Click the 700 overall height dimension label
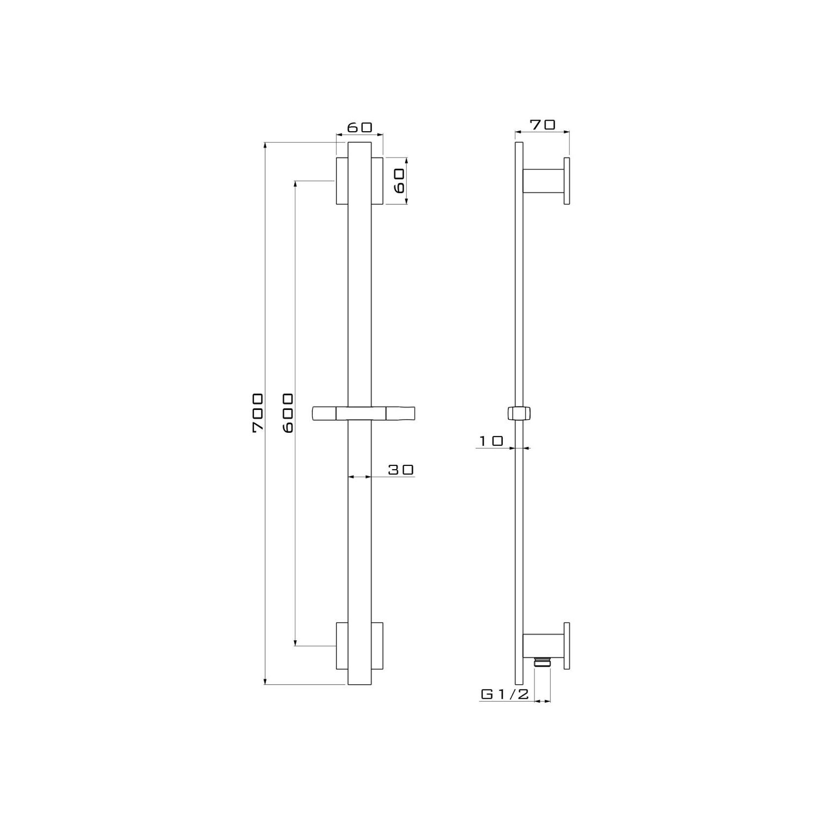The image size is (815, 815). [258, 413]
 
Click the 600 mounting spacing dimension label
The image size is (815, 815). [288, 413]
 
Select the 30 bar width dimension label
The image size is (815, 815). [401, 470]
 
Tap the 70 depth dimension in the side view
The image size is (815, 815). [542, 125]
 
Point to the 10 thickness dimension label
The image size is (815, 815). [491, 441]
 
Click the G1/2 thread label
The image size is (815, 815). [504, 694]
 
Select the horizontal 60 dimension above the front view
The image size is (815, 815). [359, 128]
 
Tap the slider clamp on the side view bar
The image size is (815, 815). [519, 413]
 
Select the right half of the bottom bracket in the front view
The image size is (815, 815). [377, 645]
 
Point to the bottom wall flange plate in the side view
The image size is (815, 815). [567, 645]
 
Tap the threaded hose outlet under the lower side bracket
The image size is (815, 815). [542, 661]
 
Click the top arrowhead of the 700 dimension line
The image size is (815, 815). [265, 145]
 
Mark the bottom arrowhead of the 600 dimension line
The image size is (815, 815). [296, 642]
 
